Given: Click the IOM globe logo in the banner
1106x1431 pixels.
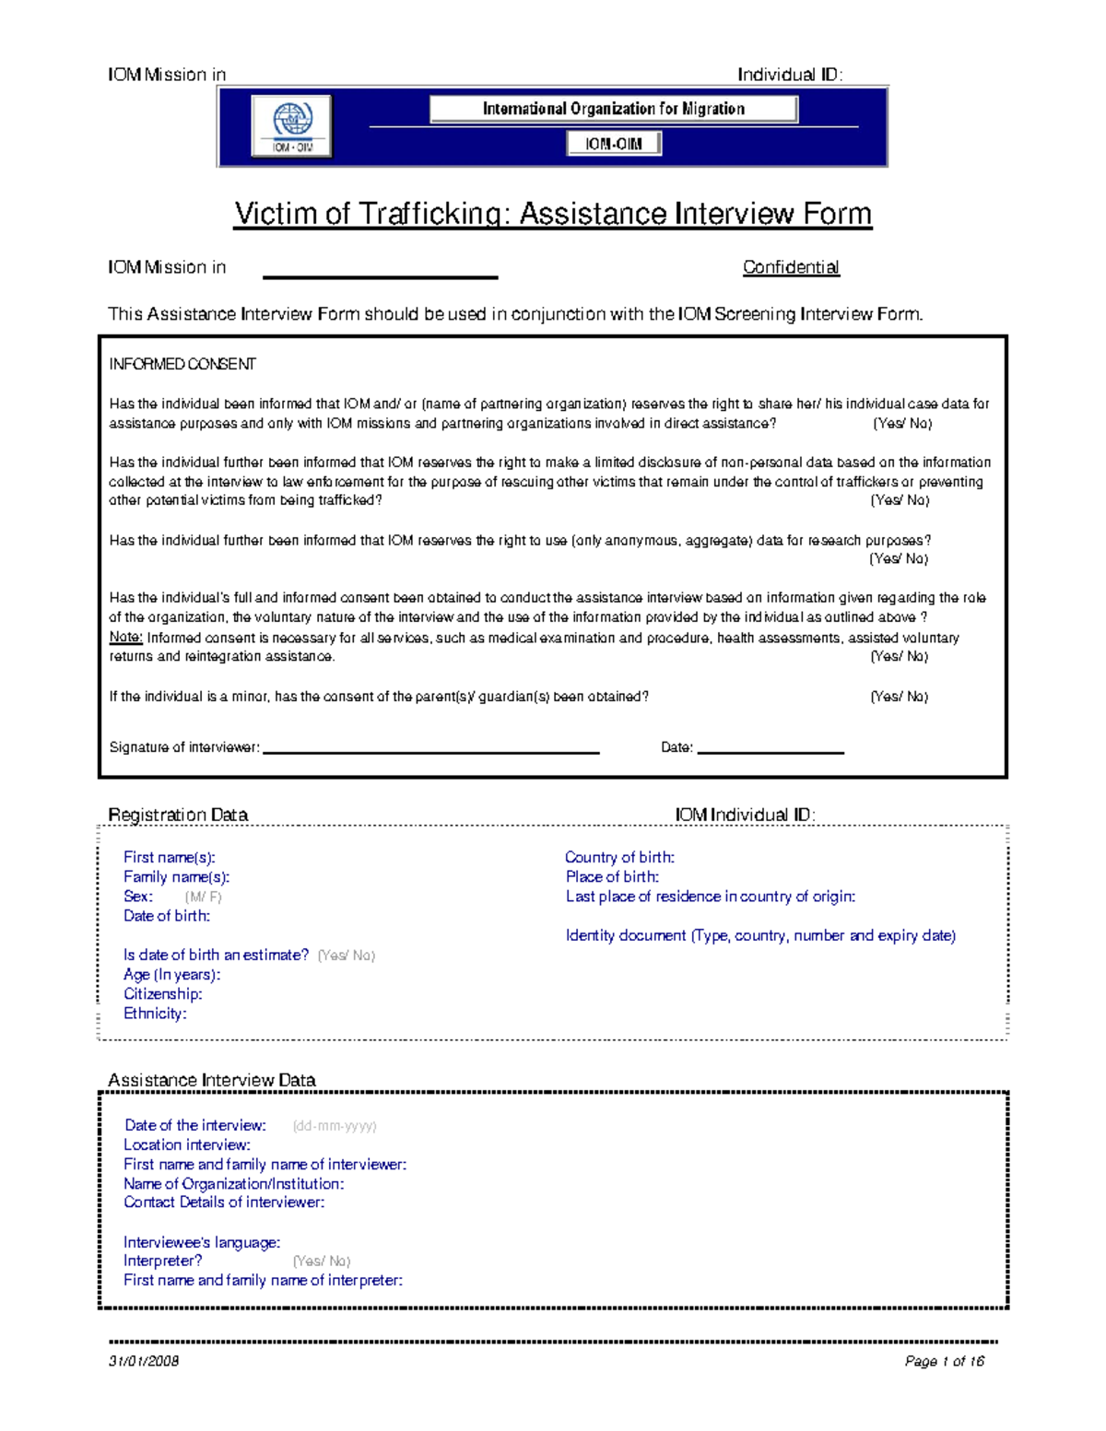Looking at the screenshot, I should point(292,125).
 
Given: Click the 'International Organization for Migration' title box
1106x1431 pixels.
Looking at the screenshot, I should point(613,109).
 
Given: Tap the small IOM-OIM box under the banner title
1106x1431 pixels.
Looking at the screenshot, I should point(613,144).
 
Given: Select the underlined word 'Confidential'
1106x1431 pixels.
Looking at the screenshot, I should point(791,267).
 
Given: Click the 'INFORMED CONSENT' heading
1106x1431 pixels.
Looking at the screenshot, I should point(182,364).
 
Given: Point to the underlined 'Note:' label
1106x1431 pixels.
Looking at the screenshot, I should point(125,638).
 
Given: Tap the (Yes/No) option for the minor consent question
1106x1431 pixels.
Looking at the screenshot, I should point(899,697).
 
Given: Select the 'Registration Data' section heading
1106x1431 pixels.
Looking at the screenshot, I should point(178,815).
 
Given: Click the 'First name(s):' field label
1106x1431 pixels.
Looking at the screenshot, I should point(170,857).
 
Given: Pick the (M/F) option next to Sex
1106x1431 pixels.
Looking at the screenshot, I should point(203,897).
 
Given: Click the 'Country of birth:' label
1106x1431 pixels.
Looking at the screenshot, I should point(619,857).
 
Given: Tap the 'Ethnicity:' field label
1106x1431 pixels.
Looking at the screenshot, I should point(155,1014).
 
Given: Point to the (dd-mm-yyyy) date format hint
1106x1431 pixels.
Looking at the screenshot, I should point(334,1126).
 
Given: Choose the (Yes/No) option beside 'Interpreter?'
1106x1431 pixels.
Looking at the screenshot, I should point(321,1261).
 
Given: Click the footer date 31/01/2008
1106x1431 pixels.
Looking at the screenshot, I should point(144,1361).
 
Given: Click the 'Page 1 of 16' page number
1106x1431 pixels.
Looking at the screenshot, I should point(945,1361).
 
